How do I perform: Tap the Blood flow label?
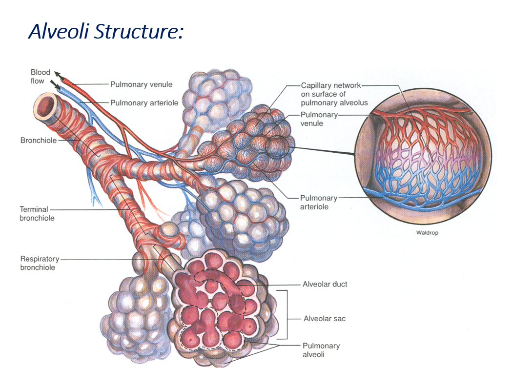pyautogui.click(x=40, y=77)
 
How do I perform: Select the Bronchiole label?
pyautogui.click(x=39, y=141)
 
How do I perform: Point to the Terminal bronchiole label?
pyautogui.click(x=37, y=214)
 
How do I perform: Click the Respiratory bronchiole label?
pyautogui.click(x=39, y=263)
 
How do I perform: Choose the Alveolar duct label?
pyautogui.click(x=325, y=284)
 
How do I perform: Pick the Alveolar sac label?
pyautogui.click(x=325, y=319)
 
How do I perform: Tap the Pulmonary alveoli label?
pyautogui.click(x=321, y=350)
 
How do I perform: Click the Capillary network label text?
pyautogui.click(x=334, y=94)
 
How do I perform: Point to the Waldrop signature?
pyautogui.click(x=427, y=233)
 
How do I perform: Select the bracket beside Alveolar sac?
pyautogui.click(x=284, y=314)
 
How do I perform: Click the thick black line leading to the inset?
pyautogui.click(x=322, y=151)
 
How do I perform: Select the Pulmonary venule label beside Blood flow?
pyautogui.click(x=141, y=84)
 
